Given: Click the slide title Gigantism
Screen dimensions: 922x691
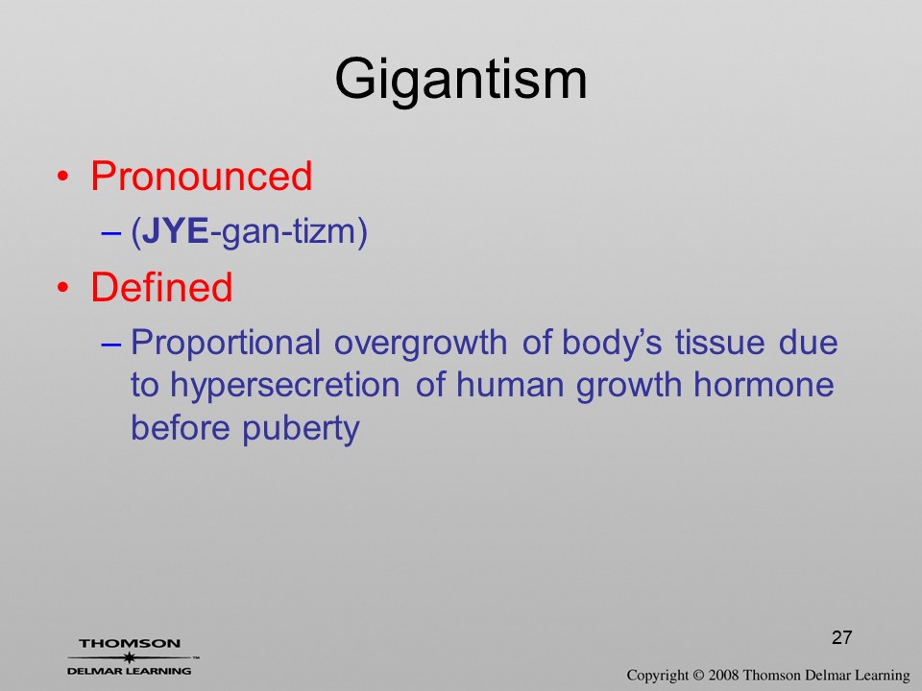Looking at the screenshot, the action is tap(461, 81).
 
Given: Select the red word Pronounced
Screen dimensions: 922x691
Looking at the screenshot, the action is tap(201, 176).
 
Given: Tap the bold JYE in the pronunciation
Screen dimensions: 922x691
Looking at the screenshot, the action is tap(175, 231).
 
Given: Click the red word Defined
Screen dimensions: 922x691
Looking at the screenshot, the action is tap(161, 287).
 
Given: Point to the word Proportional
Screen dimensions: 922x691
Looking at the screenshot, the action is tap(225, 345).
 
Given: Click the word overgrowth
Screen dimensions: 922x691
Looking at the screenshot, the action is tap(421, 345).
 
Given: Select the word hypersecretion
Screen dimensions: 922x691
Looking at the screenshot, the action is tap(285, 387).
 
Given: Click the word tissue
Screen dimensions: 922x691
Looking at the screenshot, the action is tap(719, 344).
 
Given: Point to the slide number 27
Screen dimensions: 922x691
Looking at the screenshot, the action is tap(842, 637).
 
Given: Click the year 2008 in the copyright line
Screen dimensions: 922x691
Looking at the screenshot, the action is tap(723, 675).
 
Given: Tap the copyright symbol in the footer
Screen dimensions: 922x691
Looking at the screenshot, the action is tap(698, 676).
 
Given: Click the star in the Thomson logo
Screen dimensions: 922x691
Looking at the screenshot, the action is tap(130, 657).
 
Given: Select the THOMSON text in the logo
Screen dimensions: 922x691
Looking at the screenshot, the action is tap(130, 643).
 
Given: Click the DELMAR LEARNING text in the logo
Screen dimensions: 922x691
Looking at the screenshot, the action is tap(130, 671).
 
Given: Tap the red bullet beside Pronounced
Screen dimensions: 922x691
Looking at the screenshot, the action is tap(63, 177).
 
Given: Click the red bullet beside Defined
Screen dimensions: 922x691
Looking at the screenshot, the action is tap(63, 287).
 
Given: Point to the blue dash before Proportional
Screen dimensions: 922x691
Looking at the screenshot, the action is tap(110, 345).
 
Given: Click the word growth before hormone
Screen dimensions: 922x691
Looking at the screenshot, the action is tap(628, 387).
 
